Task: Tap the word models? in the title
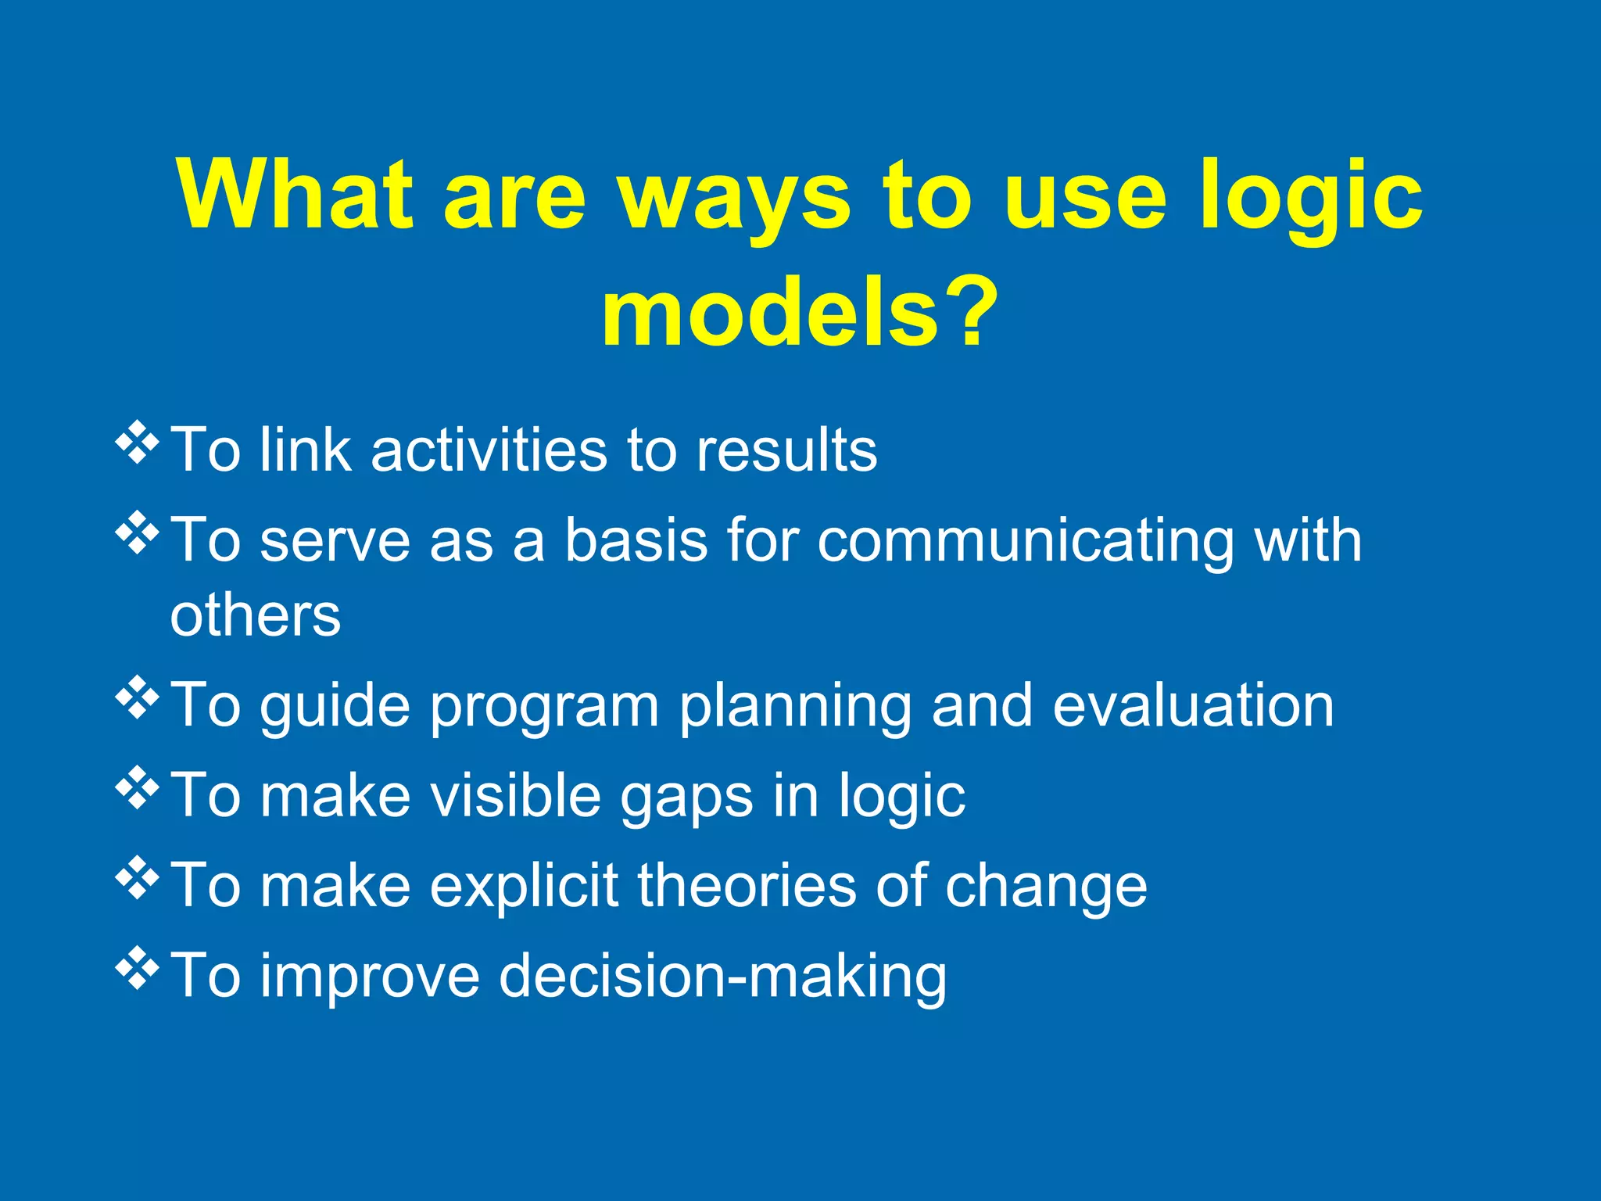(799, 313)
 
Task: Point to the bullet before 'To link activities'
(137, 443)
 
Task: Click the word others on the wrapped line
(256, 615)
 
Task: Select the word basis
(636, 540)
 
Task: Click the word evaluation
(1193, 705)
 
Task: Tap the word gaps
(687, 798)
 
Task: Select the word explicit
(525, 887)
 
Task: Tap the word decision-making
(722, 977)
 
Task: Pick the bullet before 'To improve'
(137, 967)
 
